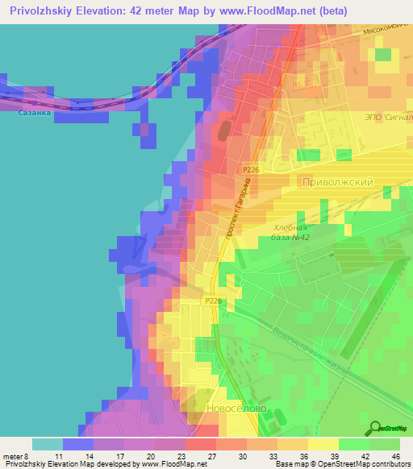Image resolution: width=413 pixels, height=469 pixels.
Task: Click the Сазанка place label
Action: pos(34,114)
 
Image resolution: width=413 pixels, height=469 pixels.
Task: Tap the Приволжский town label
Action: pos(336,182)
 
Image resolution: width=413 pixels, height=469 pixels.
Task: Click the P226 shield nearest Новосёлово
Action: pos(213,301)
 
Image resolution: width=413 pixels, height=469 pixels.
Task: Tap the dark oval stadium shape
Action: pos(222,130)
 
